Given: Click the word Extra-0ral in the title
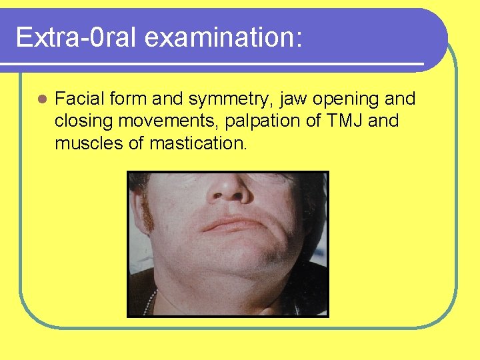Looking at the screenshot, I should click(x=75, y=37).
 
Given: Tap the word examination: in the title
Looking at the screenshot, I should click(x=224, y=37).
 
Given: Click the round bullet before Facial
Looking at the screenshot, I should click(x=42, y=100).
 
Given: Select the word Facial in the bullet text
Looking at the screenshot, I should click(x=77, y=99).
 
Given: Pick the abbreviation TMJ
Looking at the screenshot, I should click(x=341, y=121).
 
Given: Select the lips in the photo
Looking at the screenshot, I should click(x=230, y=224).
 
